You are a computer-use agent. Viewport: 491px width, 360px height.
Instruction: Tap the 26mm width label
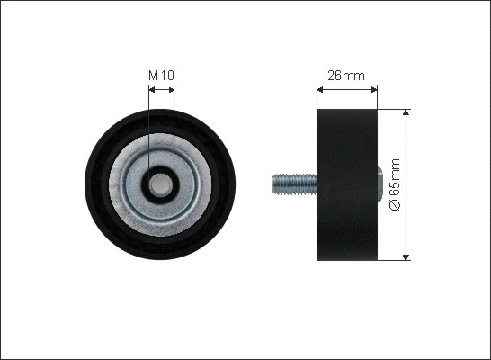point(347,76)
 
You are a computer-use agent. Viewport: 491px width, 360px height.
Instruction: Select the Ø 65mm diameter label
point(393,186)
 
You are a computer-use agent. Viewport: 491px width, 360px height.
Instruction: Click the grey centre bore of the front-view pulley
point(161,184)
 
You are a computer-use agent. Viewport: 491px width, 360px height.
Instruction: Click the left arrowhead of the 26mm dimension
point(321,89)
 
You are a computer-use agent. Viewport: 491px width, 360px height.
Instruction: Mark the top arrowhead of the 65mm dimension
point(407,114)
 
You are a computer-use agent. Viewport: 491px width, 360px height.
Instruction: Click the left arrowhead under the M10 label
point(150,88)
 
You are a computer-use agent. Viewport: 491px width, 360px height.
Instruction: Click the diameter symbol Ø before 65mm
point(393,207)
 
